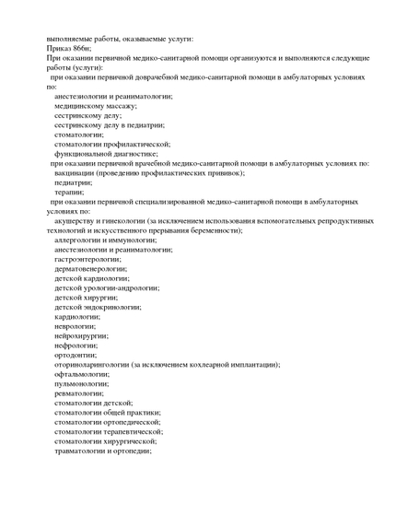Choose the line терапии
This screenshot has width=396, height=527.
tap(69, 192)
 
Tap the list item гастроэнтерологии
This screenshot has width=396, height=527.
tap(88, 259)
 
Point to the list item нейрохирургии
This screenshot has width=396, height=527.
tap(81, 335)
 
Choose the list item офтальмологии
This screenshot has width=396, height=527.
tap(81, 374)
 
